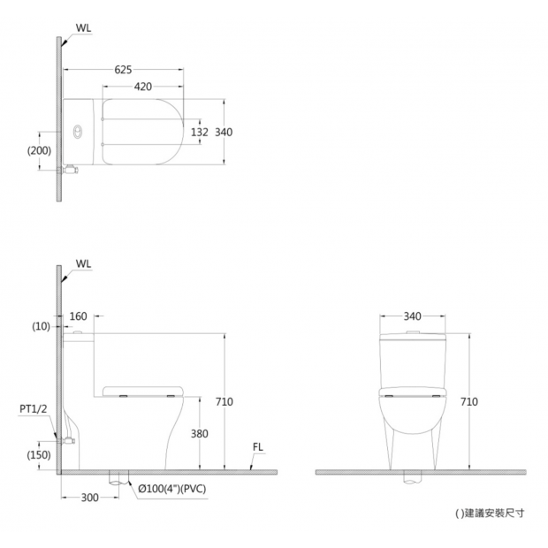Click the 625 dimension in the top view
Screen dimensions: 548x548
[124, 70]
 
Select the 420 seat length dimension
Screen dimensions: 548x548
[143, 87]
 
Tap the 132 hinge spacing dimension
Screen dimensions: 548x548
[200, 132]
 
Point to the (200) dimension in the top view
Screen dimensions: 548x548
[39, 150]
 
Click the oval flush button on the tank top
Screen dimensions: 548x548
[77, 132]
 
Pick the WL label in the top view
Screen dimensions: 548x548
[84, 28]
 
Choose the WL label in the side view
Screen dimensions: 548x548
[84, 264]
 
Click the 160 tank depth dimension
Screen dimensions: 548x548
[79, 316]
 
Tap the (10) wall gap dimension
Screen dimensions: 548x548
[41, 326]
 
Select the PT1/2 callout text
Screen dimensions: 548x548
[34, 409]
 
